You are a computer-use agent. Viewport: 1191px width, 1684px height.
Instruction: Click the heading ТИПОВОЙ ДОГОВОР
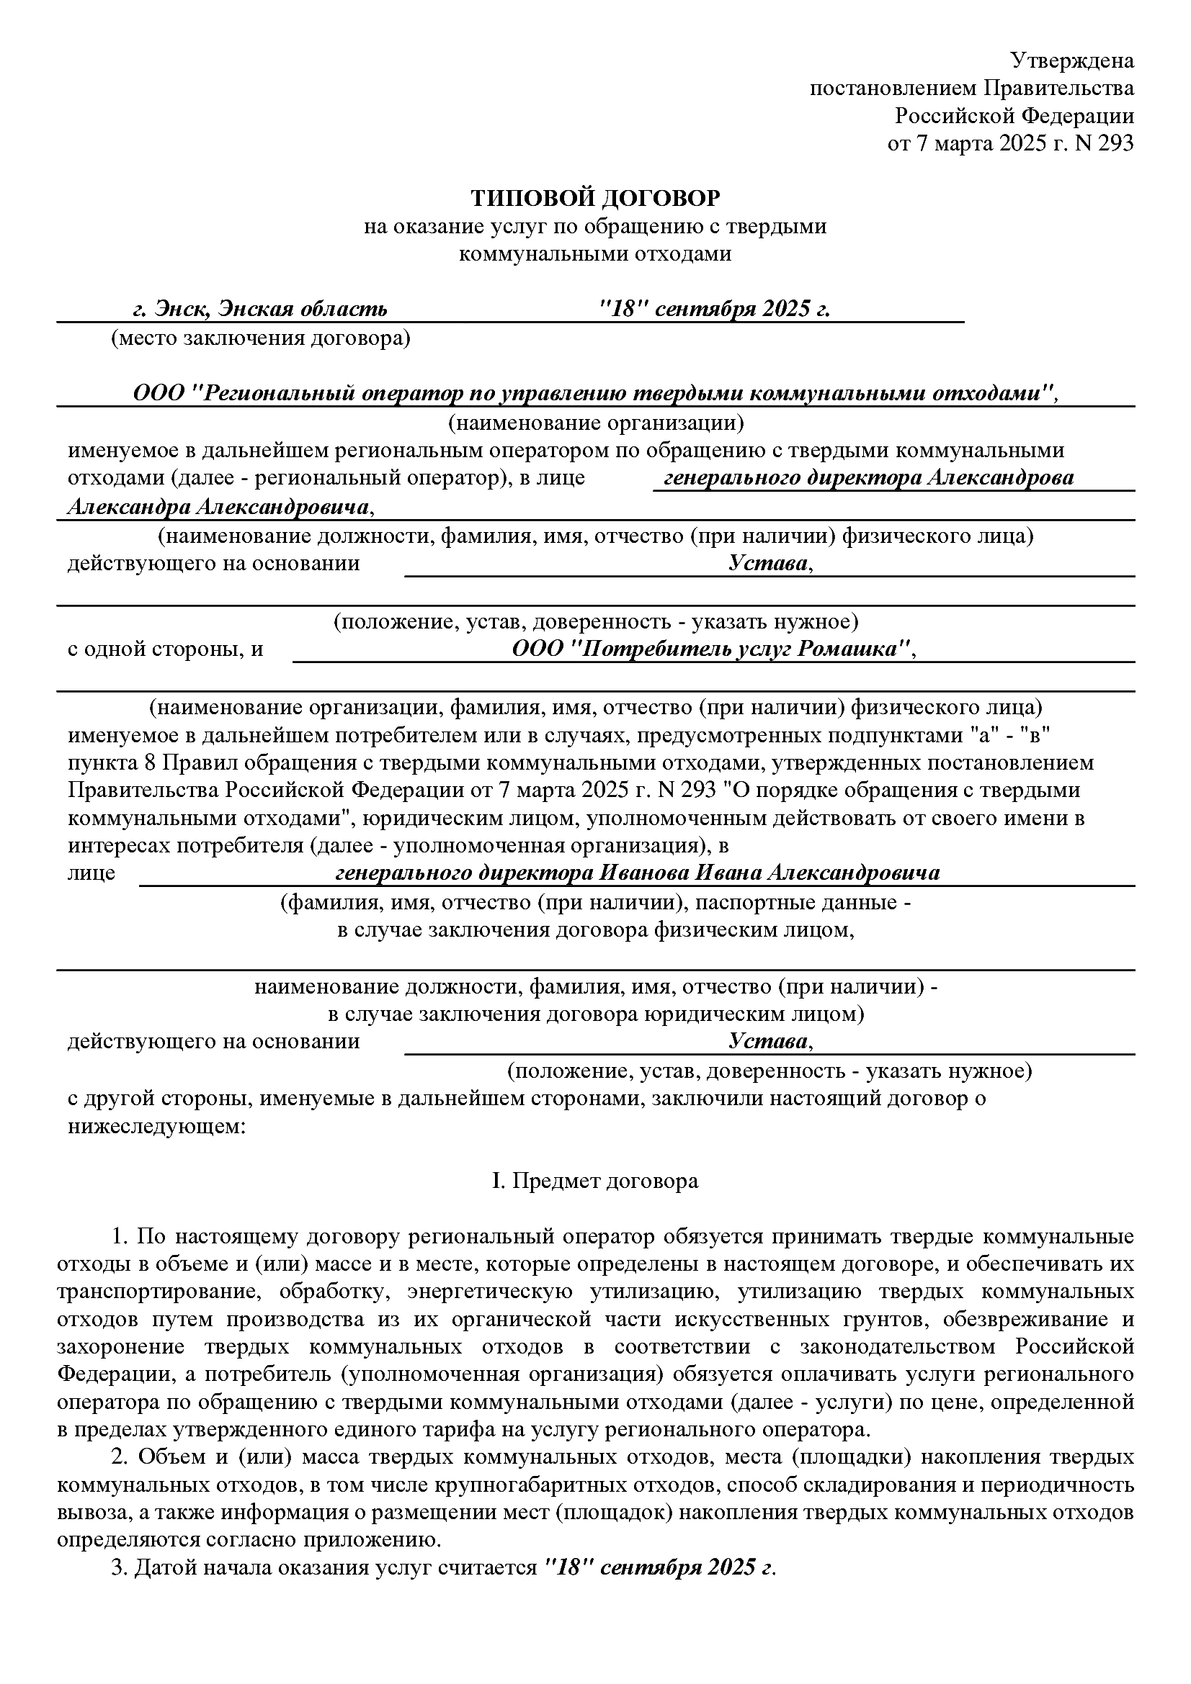click(595, 198)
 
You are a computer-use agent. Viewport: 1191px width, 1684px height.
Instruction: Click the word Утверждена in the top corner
click(1072, 60)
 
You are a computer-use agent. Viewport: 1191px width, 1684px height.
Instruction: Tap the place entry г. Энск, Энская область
click(260, 309)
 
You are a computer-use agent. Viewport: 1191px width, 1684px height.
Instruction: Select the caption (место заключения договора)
click(261, 338)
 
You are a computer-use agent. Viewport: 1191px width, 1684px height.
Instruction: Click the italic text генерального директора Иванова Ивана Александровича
click(637, 873)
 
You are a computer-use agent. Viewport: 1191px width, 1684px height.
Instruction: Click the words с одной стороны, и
click(166, 649)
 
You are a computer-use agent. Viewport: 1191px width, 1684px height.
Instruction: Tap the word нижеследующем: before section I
click(156, 1126)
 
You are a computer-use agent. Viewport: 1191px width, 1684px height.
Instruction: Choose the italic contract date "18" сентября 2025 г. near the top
click(715, 309)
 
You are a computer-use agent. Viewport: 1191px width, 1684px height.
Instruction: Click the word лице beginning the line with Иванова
click(92, 873)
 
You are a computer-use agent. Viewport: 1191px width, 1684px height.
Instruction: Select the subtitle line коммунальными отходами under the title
click(595, 253)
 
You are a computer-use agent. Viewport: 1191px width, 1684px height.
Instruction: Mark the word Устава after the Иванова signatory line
click(769, 1041)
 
